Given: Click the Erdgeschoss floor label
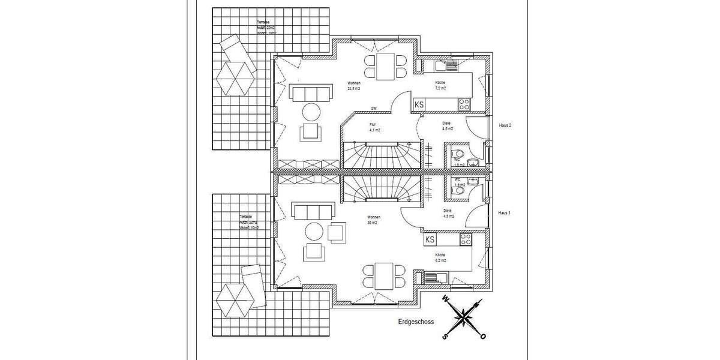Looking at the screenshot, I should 416,322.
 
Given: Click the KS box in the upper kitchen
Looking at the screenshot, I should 419,104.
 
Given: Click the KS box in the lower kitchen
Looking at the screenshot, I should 430,240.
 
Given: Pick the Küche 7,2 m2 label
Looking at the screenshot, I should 442,85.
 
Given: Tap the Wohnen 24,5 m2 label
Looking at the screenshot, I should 353,85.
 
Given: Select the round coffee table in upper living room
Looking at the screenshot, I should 311,112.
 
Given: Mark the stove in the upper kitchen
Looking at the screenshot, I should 464,104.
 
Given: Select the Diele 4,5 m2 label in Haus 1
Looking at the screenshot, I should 448,214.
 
